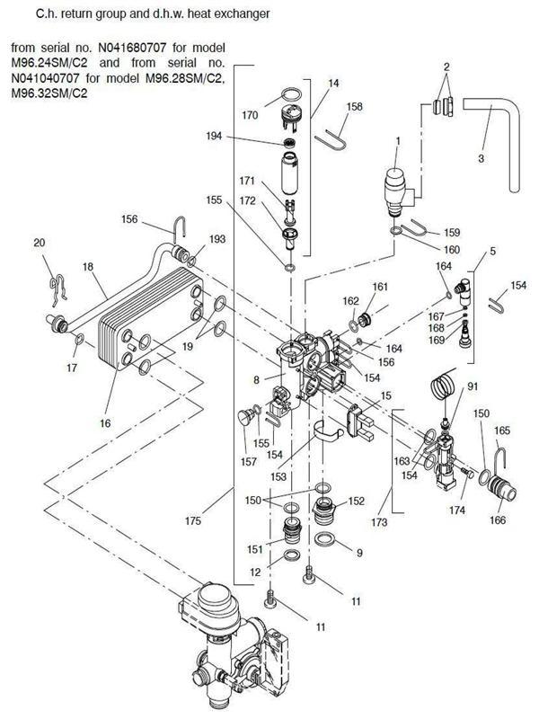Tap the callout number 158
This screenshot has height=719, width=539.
pyautogui.click(x=330, y=107)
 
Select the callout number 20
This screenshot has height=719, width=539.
pyautogui.click(x=39, y=243)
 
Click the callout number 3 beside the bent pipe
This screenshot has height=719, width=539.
pyautogui.click(x=481, y=158)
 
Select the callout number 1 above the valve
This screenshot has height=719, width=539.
pyautogui.click(x=396, y=140)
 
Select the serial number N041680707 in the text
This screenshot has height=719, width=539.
pyautogui.click(x=161, y=46)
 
